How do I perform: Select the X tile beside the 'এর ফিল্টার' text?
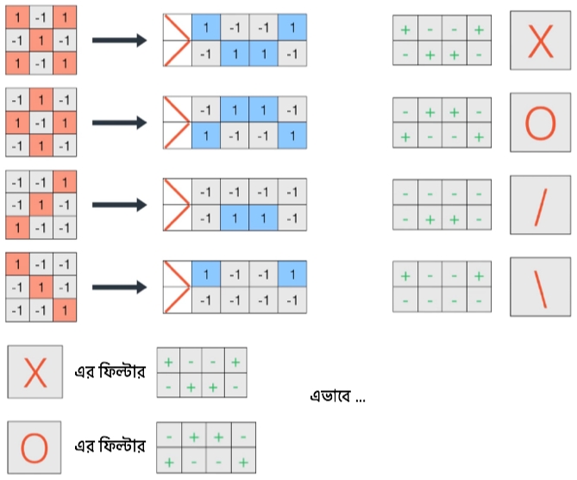pyautogui.click(x=34, y=371)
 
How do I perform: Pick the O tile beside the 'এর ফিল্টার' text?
pyautogui.click(x=34, y=446)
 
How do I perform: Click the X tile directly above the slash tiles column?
pyautogui.click(x=540, y=41)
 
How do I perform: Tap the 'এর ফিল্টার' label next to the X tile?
pyautogui.click(x=110, y=373)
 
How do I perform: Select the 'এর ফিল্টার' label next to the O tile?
pyautogui.click(x=110, y=446)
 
